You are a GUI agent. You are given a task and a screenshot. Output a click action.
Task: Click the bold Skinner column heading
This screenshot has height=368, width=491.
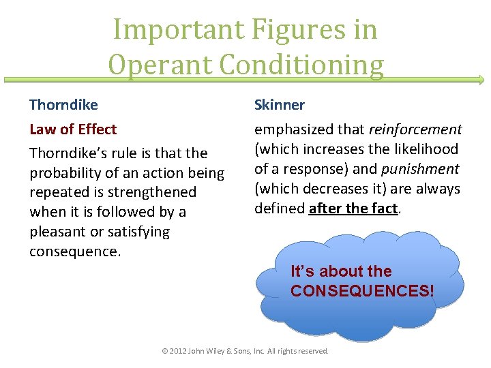click(280, 105)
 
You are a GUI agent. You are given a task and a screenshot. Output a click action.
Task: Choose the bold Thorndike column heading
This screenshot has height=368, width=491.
click(63, 105)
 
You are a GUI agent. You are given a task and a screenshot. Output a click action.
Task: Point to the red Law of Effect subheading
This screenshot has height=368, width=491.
click(73, 129)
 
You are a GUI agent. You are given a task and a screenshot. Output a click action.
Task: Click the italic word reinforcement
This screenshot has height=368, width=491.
click(415, 129)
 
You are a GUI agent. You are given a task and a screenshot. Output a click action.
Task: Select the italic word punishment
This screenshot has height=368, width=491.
click(420, 168)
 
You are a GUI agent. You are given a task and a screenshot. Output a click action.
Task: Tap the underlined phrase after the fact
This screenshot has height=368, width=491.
click(353, 209)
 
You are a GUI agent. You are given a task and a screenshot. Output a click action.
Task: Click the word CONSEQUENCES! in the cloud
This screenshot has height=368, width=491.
click(361, 291)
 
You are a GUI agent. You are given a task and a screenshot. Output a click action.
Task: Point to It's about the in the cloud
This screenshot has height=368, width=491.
click(341, 271)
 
